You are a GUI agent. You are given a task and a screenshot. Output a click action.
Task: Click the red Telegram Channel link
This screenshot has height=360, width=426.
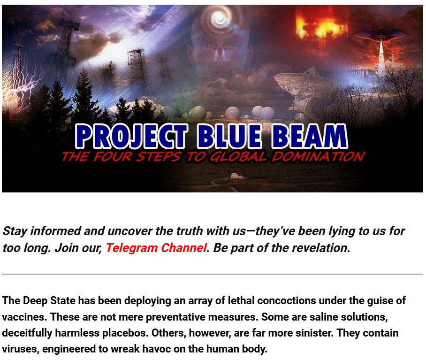pyautogui.click(x=156, y=248)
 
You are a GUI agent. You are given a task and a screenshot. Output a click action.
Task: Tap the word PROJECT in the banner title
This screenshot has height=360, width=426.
pyautogui.click(x=131, y=136)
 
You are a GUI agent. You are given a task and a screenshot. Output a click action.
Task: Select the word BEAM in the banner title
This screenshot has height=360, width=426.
pyautogui.click(x=310, y=136)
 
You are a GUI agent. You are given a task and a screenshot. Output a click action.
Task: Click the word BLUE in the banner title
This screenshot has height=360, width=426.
pyautogui.click(x=230, y=136)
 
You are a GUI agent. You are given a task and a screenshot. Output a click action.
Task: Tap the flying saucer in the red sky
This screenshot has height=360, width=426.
pyautogui.click(x=381, y=34)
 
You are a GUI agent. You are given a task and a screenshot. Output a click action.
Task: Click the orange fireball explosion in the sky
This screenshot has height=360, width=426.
pyautogui.click(x=320, y=24)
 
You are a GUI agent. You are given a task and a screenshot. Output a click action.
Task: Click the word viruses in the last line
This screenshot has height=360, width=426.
pyautogui.click(x=21, y=349)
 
